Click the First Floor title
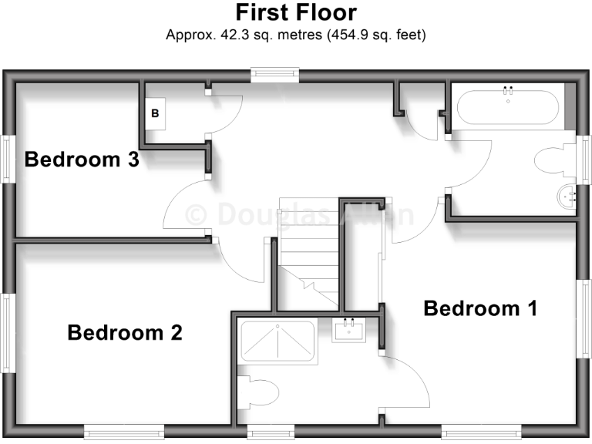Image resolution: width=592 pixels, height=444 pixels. click(296, 13)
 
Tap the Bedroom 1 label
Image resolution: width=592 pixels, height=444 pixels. click(480, 308)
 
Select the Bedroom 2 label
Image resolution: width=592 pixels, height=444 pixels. click(125, 333)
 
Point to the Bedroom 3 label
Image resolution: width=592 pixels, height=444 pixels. click(82, 160)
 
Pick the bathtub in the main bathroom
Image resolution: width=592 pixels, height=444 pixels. click(506, 107)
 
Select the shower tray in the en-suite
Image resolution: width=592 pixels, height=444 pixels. click(277, 343)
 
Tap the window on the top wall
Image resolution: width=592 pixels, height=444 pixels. click(274, 74)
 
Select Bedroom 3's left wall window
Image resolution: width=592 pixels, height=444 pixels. click(8, 160)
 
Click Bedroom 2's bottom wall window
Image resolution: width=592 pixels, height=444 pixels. click(124, 432)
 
